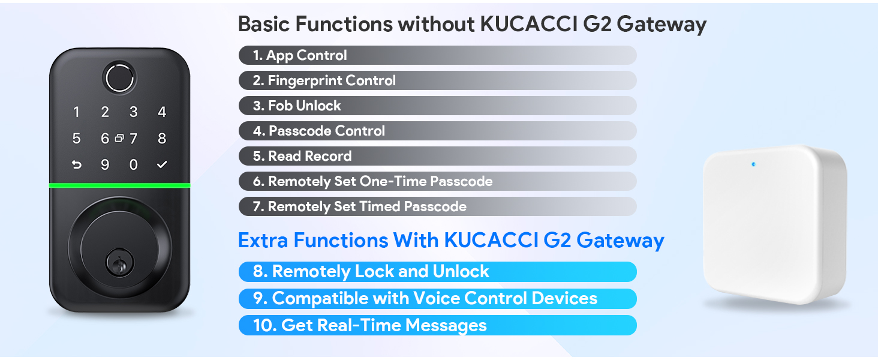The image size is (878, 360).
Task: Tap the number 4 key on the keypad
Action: coord(162,112)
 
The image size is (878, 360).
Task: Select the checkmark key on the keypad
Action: coord(162,164)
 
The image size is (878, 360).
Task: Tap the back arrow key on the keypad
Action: coord(76,164)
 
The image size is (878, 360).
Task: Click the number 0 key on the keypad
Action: coord(133,164)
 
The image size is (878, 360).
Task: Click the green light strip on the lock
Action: coord(119,185)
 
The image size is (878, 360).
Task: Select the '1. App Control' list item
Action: coord(300,55)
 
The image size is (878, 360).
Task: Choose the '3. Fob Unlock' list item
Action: coord(297,106)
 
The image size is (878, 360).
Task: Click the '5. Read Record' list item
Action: coord(302,156)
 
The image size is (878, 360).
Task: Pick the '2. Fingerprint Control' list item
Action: coord(324,80)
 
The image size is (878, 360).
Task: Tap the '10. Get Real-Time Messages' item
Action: coord(370,325)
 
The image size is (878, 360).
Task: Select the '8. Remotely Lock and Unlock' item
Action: coord(371,271)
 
